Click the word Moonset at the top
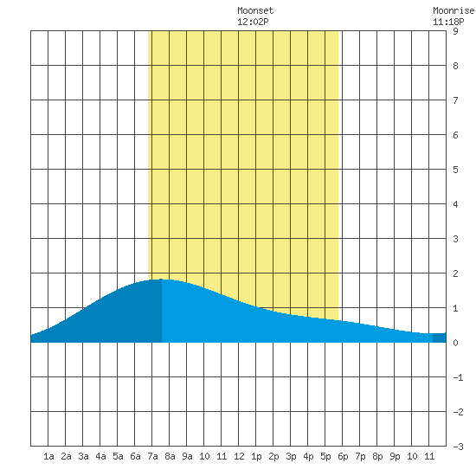click(255, 10)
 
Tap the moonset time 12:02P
click(253, 22)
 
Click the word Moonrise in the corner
click(454, 10)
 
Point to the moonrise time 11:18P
click(448, 22)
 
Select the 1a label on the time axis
click(48, 456)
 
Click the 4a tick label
click(100, 456)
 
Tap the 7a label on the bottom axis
click(152, 456)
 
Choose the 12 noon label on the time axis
click(239, 456)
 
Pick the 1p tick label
click(256, 456)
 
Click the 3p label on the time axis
click(291, 456)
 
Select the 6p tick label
click(343, 456)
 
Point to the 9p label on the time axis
click(395, 456)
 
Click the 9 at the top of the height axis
click(455, 31)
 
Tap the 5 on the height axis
click(455, 170)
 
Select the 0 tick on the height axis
click(455, 343)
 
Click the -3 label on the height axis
click(458, 447)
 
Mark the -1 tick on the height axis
click(458, 377)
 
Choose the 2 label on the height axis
click(455, 273)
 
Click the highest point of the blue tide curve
click(161, 279)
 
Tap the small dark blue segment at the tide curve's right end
click(440, 338)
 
